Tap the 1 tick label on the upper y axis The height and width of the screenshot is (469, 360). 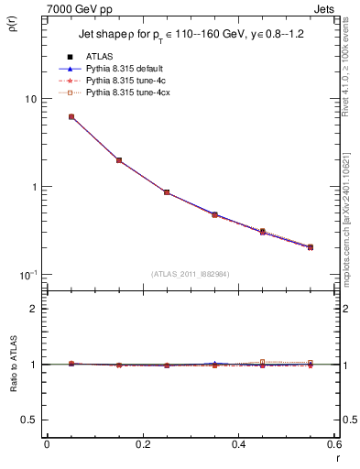33,187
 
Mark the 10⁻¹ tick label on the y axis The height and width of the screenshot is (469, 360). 27,275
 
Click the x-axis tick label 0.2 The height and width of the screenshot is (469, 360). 142,444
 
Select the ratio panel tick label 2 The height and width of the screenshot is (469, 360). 33,309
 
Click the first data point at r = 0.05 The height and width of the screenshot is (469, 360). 71,117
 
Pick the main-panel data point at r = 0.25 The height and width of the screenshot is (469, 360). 166,192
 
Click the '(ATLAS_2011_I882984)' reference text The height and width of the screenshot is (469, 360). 190,274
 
